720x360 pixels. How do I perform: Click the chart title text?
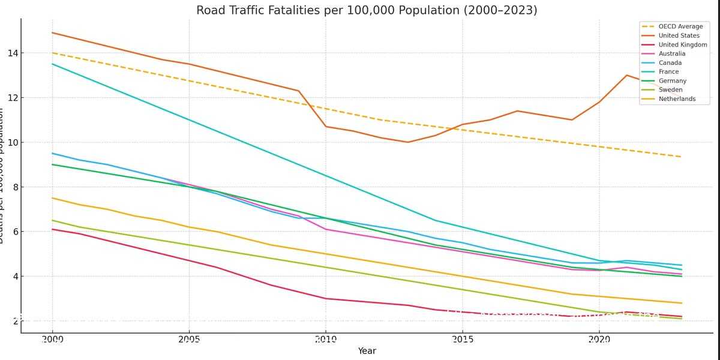(367, 10)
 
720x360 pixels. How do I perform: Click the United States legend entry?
(679, 35)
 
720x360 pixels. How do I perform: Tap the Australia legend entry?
(671, 53)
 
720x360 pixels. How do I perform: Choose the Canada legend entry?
(670, 62)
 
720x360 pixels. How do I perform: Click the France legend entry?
(668, 71)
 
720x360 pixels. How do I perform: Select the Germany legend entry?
(672, 80)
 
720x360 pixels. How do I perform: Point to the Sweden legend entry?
(670, 89)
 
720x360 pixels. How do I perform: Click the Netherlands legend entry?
(677, 98)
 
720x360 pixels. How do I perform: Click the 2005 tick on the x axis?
(189, 340)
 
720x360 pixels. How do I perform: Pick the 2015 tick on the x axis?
(462, 340)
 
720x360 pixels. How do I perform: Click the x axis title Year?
(367, 351)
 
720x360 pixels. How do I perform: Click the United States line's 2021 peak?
(626, 75)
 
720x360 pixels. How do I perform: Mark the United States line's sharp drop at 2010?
(325, 126)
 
